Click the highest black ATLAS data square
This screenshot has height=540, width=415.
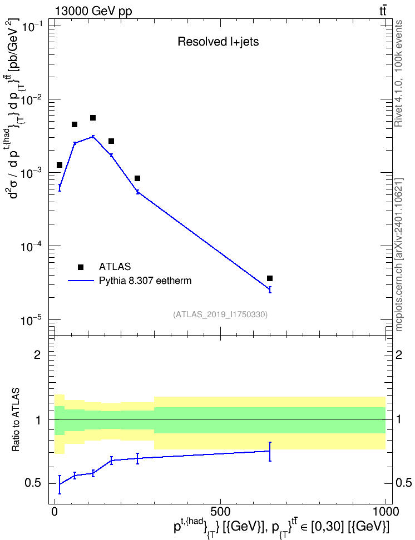click(x=93, y=118)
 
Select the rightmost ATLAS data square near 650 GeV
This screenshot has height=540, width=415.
click(x=270, y=278)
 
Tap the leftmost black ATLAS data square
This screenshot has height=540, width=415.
click(x=60, y=165)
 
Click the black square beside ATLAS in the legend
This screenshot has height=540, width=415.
click(x=81, y=267)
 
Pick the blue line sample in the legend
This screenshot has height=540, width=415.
click(x=81, y=281)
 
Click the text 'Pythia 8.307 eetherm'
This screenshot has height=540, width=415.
click(x=145, y=281)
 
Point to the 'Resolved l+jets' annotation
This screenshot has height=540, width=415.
click(x=218, y=42)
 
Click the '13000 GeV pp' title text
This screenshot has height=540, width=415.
click(x=93, y=11)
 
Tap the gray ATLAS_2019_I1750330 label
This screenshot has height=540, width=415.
click(x=220, y=314)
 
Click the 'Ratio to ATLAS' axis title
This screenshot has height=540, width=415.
click(x=16, y=420)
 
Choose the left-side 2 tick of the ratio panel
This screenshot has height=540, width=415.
click(x=37, y=354)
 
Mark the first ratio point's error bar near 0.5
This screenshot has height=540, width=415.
click(x=60, y=484)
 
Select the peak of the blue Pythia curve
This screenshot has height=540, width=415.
click(x=93, y=136)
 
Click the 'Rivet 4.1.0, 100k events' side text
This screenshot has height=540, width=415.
click(x=398, y=73)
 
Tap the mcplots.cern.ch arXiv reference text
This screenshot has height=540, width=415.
click(x=398, y=254)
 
